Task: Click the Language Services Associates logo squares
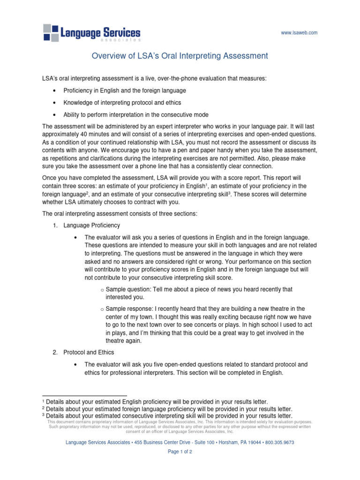pyautogui.click(x=51, y=32)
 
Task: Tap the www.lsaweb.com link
pyautogui.click(x=299, y=33)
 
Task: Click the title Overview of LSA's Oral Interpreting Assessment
pyautogui.click(x=180, y=56)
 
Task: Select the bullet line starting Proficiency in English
pyautogui.click(x=125, y=90)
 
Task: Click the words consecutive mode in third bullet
pyautogui.click(x=188, y=115)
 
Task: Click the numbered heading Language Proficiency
pyautogui.click(x=91, y=225)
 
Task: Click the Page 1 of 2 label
pyautogui.click(x=180, y=452)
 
